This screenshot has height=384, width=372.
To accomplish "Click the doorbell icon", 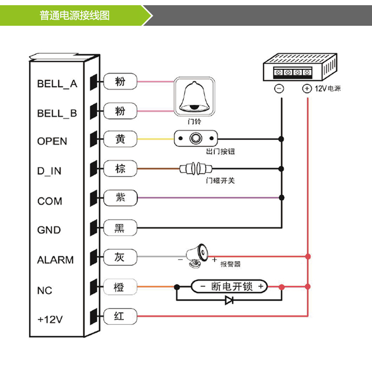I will tap(194, 96).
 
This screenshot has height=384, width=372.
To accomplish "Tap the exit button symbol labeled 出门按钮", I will tap(196, 139).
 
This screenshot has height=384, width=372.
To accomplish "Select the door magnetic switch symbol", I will tap(195, 168).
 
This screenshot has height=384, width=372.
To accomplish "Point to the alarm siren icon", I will tap(196, 256).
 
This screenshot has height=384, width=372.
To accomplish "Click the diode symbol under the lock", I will tap(229, 300).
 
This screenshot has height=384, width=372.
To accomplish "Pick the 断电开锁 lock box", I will tap(229, 286).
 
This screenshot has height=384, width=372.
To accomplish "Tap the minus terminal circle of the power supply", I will tap(279, 89).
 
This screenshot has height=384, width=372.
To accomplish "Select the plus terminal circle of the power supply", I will tap(307, 89).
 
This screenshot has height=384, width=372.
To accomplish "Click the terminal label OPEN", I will tap(52, 141).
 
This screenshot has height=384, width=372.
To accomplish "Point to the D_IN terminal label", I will tap(49, 171).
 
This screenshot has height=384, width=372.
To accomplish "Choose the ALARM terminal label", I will tap(56, 260).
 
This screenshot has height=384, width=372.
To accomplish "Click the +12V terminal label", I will tap(50, 319).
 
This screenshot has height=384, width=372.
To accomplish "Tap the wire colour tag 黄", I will tap(120, 139).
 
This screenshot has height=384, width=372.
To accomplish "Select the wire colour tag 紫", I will tap(120, 198).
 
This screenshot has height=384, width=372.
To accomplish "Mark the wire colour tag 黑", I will tap(120, 228).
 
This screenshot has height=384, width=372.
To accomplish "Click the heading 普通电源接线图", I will tap(75, 16).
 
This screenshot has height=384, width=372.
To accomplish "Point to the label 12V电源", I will tap(328, 89).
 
